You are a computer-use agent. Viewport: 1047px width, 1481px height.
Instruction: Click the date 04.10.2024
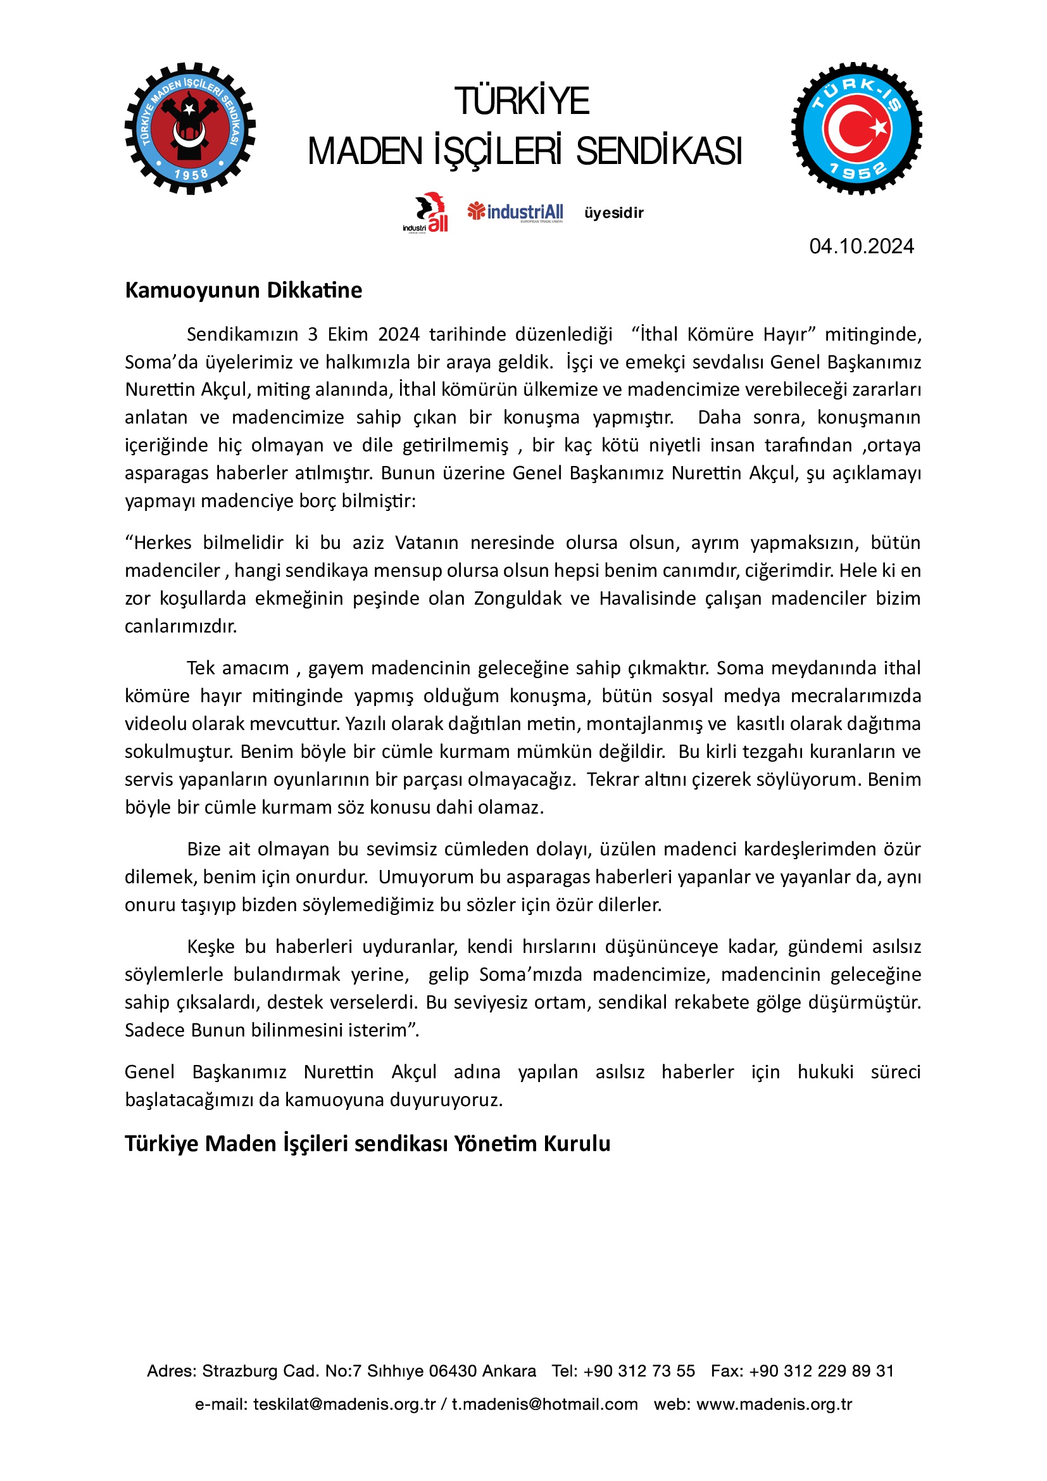click(x=861, y=246)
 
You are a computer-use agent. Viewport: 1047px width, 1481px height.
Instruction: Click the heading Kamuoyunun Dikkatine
click(x=243, y=290)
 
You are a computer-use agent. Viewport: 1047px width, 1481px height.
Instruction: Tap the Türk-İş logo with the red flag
click(x=856, y=129)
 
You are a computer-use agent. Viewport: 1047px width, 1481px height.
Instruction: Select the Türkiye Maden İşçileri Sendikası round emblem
click(x=190, y=129)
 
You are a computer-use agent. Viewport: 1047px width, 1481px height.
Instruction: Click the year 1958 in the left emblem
click(x=191, y=174)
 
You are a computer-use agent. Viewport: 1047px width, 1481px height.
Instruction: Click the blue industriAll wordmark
click(x=525, y=211)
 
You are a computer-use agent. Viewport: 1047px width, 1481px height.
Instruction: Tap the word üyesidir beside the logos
click(x=614, y=213)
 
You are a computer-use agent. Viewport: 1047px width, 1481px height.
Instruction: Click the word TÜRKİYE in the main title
click(x=522, y=101)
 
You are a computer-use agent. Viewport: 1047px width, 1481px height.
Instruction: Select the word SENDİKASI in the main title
click(x=658, y=151)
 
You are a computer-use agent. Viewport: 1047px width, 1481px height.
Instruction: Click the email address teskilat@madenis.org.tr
click(x=344, y=1404)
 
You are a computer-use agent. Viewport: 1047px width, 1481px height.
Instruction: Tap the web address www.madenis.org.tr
click(x=774, y=1404)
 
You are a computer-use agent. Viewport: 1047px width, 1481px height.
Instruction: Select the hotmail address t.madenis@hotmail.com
click(x=544, y=1404)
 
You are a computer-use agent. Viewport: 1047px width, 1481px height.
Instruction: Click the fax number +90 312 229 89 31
click(x=821, y=1371)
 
